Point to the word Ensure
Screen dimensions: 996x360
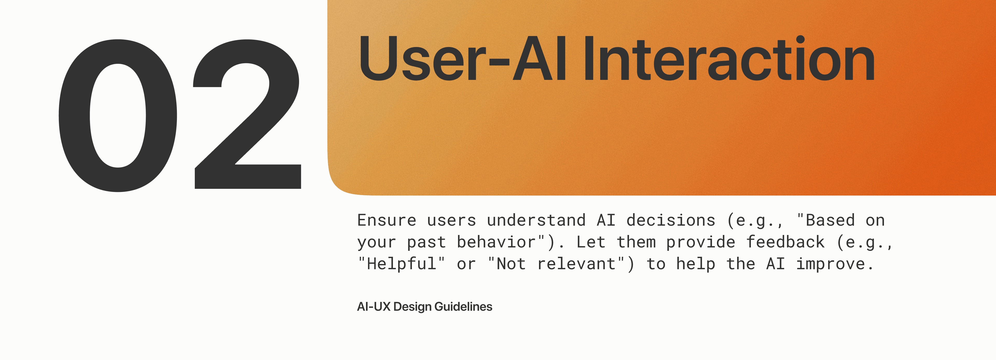click(387, 220)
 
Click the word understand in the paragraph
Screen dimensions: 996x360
click(536, 220)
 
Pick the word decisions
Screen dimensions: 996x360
click(671, 220)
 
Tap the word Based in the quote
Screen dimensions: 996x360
click(830, 220)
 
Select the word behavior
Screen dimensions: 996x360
click(496, 242)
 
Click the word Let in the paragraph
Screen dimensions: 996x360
click(591, 242)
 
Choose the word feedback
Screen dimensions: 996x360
click(785, 242)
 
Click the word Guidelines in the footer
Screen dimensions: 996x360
click(463, 307)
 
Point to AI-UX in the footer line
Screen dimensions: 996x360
click(374, 307)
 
